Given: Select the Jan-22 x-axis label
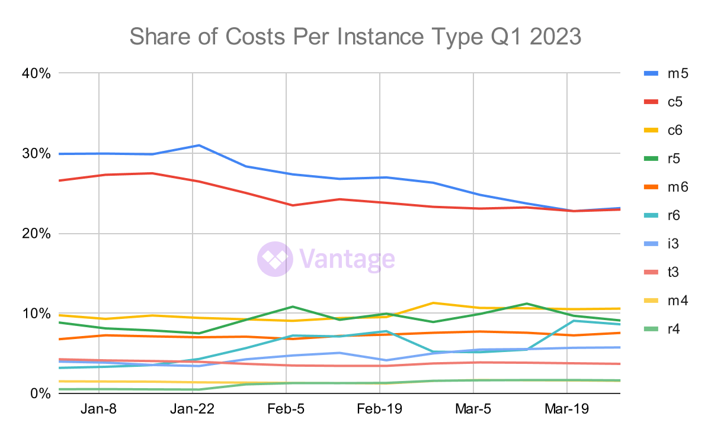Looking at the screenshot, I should pyautogui.click(x=193, y=410).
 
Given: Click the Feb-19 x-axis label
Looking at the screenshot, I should pyautogui.click(x=380, y=410).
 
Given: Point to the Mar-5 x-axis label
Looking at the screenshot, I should pyautogui.click(x=473, y=410).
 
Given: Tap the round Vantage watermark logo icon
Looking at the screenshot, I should pyautogui.click(x=275, y=259).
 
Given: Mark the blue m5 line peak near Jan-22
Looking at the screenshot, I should pyautogui.click(x=199, y=145).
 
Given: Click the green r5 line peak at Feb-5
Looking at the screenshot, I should pyautogui.click(x=292, y=306).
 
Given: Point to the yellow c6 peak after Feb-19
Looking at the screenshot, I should pyautogui.click(x=434, y=303).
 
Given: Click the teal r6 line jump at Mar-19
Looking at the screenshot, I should pyautogui.click(x=574, y=321).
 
